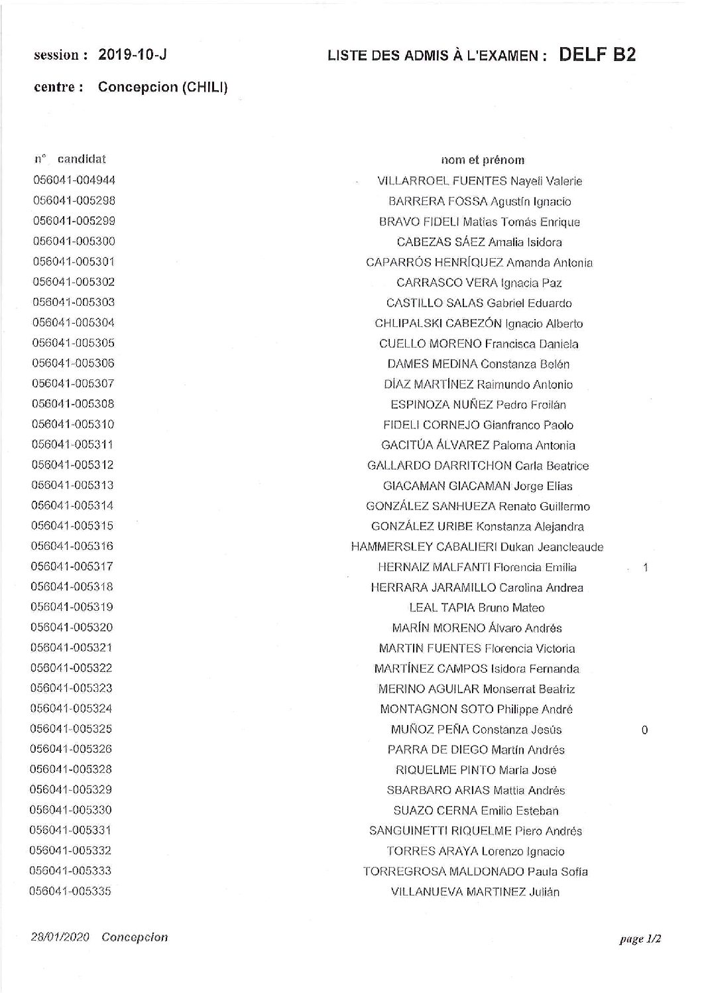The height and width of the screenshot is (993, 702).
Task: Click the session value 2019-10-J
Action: click(x=132, y=56)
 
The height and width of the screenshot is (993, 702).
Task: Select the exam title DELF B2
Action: click(x=597, y=55)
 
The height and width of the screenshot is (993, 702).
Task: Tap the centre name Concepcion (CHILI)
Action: click(x=162, y=87)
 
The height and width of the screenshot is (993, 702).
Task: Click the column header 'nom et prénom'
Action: click(x=483, y=160)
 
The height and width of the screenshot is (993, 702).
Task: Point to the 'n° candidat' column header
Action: click(x=70, y=159)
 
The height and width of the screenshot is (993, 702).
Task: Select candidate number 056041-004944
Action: click(x=74, y=180)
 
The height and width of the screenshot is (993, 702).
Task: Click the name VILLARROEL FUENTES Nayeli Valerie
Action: click(x=479, y=181)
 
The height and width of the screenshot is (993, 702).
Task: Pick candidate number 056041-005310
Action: click(x=74, y=425)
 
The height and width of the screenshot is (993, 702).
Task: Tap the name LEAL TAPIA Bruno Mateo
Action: click(x=477, y=608)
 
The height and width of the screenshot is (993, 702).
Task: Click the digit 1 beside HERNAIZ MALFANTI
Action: click(x=645, y=568)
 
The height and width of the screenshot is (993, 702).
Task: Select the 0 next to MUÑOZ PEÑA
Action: click(x=644, y=730)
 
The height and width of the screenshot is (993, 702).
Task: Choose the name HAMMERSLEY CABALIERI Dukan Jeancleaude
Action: click(x=477, y=547)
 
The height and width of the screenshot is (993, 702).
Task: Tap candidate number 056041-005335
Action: click(x=72, y=892)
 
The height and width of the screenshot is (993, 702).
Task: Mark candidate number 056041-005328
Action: click(x=72, y=769)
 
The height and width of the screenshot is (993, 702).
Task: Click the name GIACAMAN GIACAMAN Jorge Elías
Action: click(x=477, y=486)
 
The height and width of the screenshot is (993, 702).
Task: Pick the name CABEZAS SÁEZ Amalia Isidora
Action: click(x=479, y=242)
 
